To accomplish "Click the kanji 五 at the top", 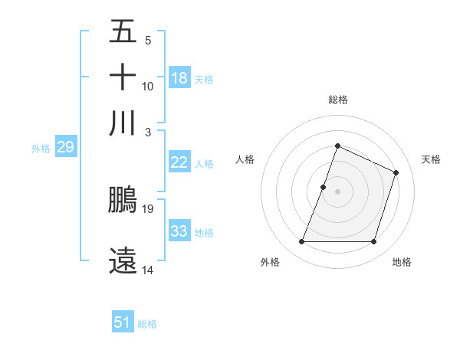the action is point(123,32).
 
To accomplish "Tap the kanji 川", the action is point(123,123).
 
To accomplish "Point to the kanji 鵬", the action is point(123,200).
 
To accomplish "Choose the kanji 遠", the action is point(123,260).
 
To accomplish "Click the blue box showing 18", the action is point(179,78).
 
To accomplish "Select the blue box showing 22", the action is point(179,162).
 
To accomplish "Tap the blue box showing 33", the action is point(179,231).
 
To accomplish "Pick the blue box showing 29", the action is point(65,148).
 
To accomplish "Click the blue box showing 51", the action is point(123,323).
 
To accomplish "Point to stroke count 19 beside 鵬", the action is point(149,208).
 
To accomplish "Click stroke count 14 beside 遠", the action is point(148,270).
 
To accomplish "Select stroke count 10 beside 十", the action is point(148,86).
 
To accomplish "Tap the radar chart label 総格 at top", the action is point(337,100).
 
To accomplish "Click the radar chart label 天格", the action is point(431,159).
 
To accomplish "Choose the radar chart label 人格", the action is point(245,159).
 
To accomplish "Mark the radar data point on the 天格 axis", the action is point(396,172).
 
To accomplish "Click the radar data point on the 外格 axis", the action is point(301,242).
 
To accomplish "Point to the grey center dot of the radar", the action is point(337,191).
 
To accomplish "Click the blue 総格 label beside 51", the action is point(147,324).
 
